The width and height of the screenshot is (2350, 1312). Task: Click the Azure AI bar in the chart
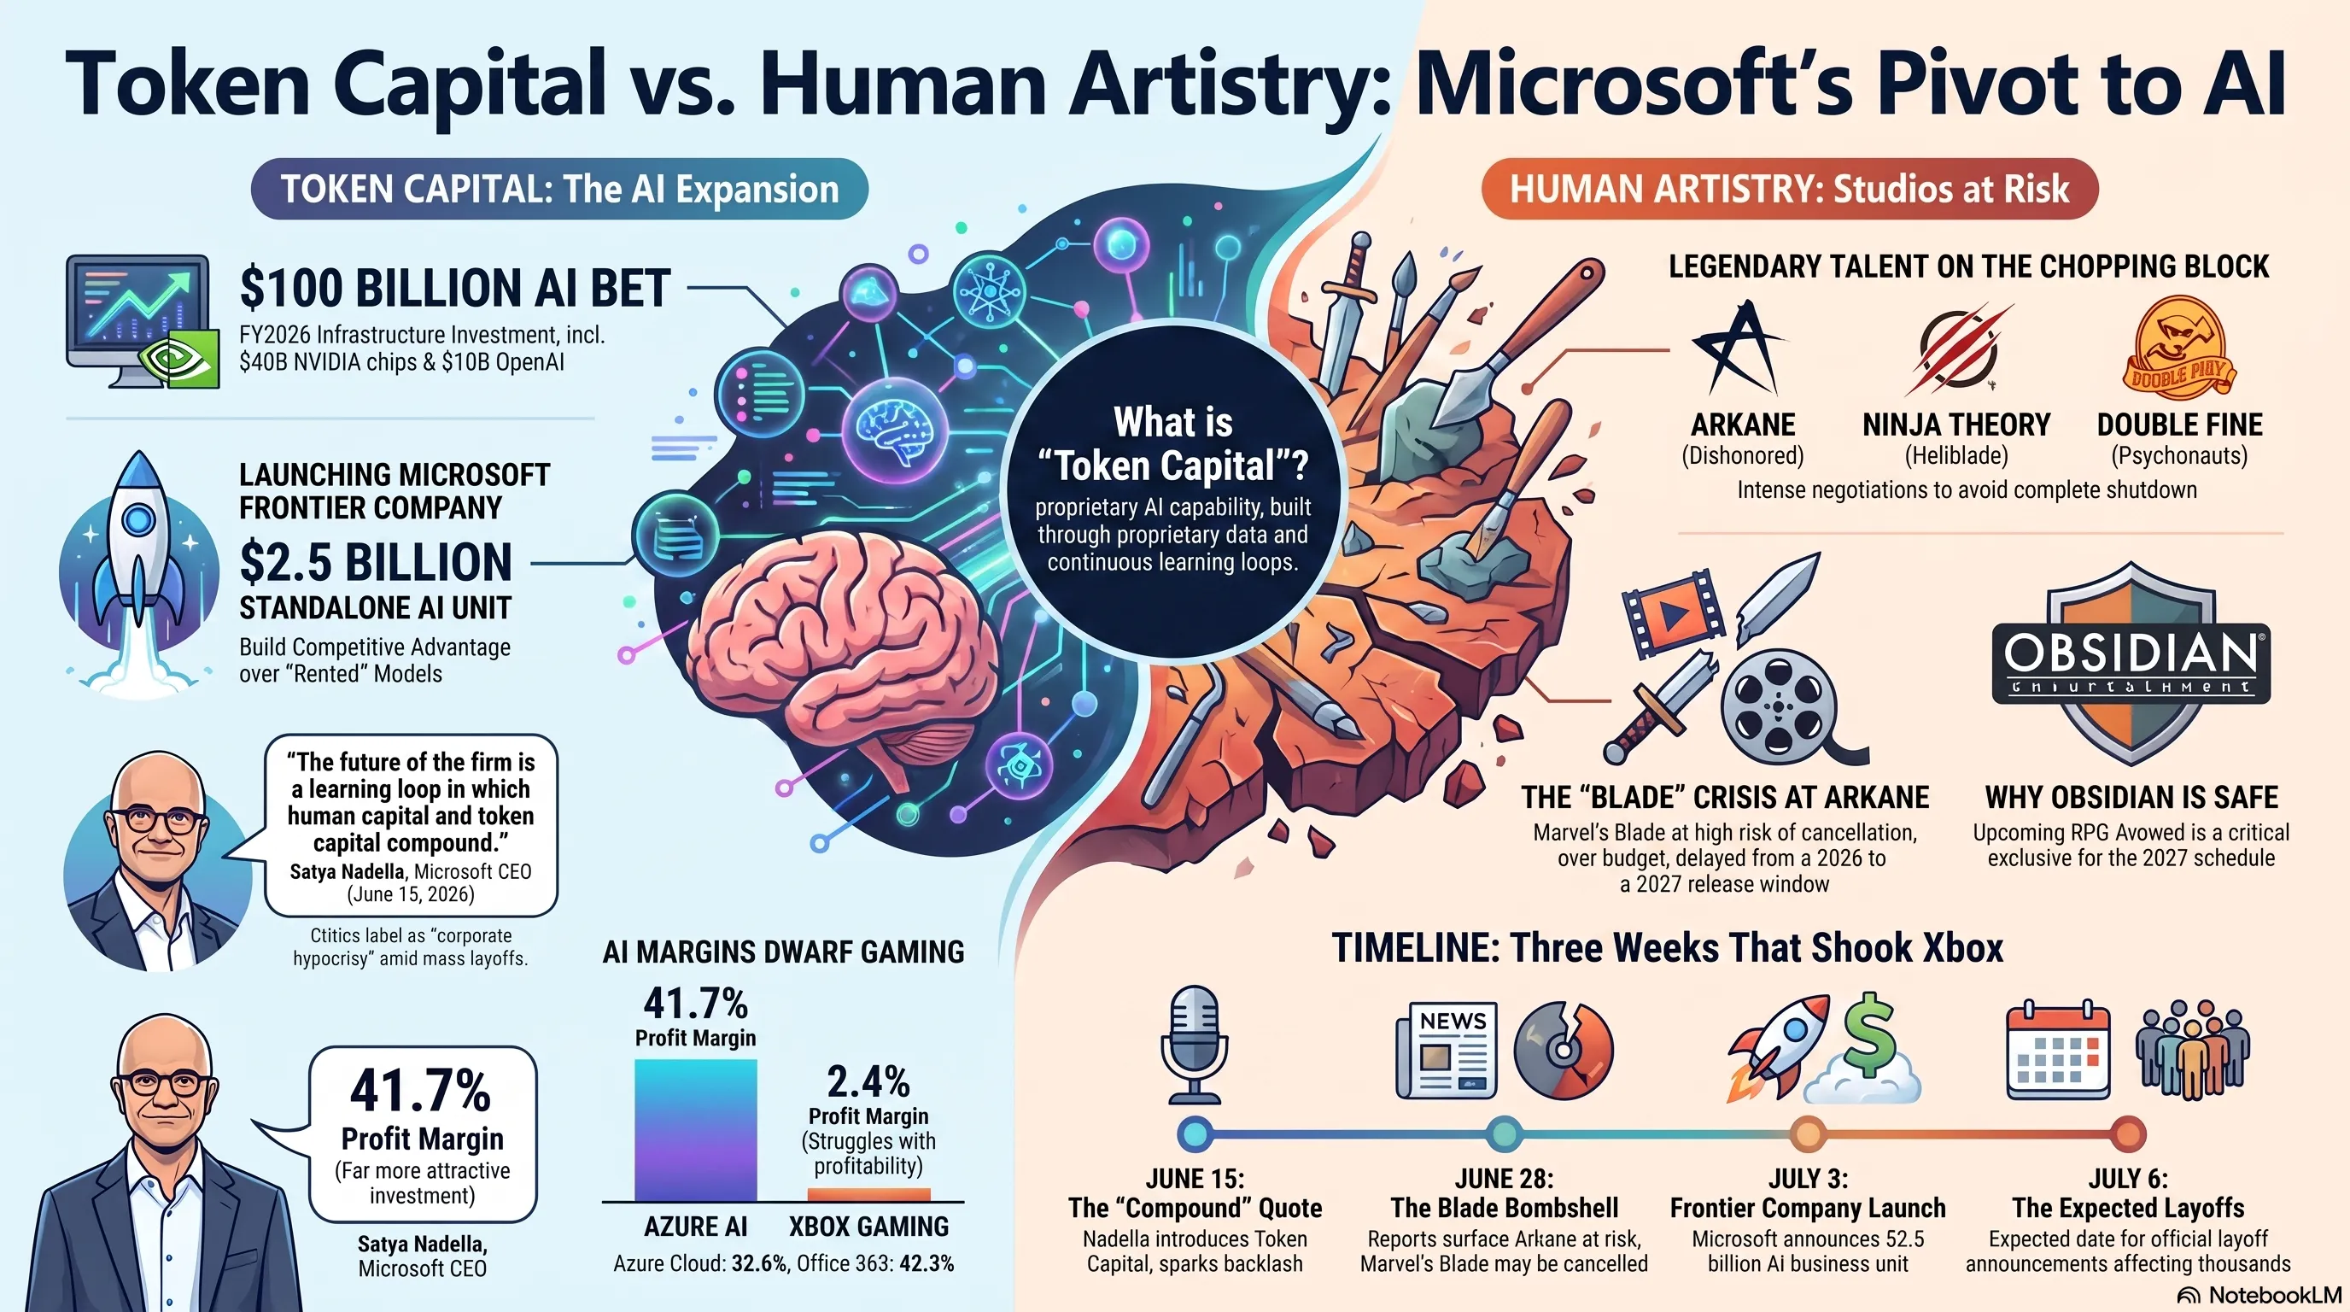[695, 1129]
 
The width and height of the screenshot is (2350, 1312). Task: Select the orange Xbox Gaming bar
[868, 1194]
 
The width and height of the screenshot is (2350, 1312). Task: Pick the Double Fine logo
[2178, 348]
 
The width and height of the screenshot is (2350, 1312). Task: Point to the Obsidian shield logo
[2131, 664]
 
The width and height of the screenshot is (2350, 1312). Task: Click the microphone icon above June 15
[1194, 1045]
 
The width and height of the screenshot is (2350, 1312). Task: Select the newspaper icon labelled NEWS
[1447, 1050]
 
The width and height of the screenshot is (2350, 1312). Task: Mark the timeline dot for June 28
[1504, 1134]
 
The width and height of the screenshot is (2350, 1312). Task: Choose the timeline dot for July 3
[1807, 1134]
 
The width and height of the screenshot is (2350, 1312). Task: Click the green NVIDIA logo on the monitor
[184, 358]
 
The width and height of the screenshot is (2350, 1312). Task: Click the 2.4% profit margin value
[868, 1082]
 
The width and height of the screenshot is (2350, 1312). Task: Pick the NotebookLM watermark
[2259, 1296]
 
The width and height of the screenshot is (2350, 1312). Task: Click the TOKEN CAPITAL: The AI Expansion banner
[559, 189]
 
